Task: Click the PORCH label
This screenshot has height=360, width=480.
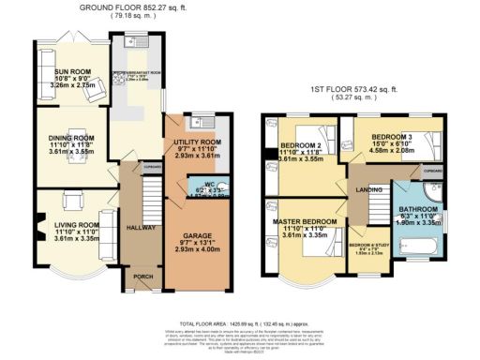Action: click(142, 277)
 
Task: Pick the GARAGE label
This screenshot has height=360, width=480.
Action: click(196, 238)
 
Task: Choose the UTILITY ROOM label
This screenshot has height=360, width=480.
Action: click(196, 142)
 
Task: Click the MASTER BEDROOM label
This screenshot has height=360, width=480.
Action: click(308, 220)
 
